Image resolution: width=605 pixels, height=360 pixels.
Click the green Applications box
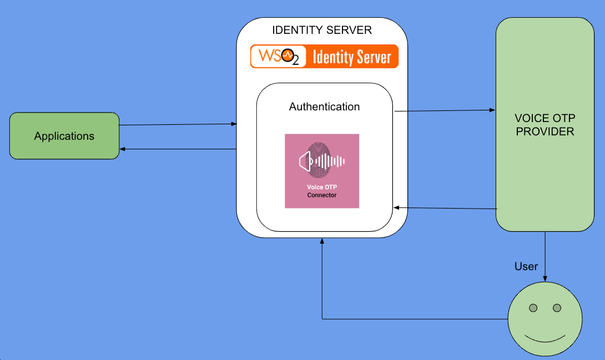coord(64,136)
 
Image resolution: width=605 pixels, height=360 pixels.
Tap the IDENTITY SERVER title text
coord(322,30)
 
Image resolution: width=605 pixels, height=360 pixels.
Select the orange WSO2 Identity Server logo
coord(324,57)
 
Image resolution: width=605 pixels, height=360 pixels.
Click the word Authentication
coord(324,107)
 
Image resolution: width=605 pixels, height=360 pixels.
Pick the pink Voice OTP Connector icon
coord(322,171)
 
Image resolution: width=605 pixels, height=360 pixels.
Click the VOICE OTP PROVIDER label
coord(544,125)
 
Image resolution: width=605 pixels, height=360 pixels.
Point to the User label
coord(526,267)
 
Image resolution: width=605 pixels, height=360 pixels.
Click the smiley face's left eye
coord(533,308)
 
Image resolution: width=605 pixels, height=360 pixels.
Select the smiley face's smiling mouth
coord(545,338)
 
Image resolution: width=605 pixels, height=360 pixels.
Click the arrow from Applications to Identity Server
coord(178,125)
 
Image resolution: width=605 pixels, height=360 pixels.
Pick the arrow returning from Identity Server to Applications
coord(178,149)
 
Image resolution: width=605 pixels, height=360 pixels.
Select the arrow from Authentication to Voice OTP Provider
coord(444,111)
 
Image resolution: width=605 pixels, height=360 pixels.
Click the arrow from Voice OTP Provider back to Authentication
coord(444,208)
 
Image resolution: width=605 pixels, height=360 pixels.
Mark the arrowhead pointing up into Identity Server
coord(322,241)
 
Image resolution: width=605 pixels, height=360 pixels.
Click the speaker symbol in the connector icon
coord(305,162)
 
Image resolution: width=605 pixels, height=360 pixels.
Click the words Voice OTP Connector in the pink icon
coord(322,191)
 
